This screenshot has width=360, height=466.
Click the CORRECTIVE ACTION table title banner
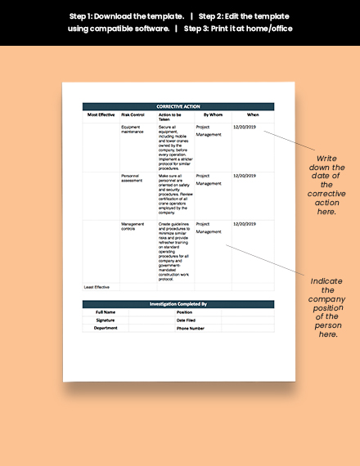coord(178,106)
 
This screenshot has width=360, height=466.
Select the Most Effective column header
coord(101,115)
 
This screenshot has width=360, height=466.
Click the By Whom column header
coord(213,115)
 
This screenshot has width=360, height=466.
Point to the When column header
coord(253,115)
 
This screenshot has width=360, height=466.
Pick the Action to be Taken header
coord(169,117)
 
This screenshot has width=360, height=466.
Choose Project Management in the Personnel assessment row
coord(209,179)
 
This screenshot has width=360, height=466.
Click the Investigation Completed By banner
coord(178,303)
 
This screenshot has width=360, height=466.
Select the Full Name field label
coord(106,311)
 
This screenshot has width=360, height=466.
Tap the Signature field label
coord(106,320)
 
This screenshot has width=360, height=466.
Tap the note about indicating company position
coord(325,307)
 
